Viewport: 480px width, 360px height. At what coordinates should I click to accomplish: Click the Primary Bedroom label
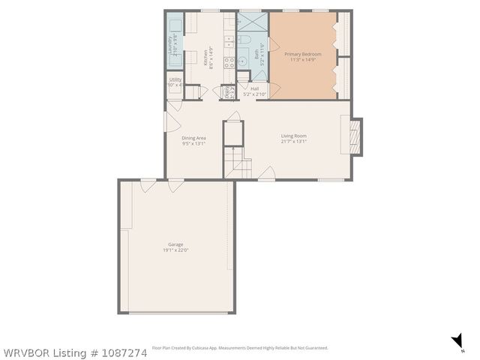click(x=301, y=54)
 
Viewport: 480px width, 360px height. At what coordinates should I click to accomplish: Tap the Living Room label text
click(x=294, y=136)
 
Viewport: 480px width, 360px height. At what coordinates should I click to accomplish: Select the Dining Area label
click(x=193, y=138)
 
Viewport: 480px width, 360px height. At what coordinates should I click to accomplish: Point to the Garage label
click(x=175, y=244)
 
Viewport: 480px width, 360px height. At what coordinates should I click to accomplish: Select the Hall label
click(x=255, y=88)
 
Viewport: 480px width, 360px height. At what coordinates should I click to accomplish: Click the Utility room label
click(x=175, y=79)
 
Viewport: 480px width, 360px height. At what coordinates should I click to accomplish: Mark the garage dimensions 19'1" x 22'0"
click(x=175, y=250)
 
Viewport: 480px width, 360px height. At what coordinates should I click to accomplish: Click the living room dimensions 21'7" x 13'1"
click(x=294, y=141)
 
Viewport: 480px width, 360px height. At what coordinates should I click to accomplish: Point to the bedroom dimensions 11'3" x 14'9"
click(x=301, y=59)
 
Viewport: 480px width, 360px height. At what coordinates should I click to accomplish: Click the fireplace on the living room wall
click(x=355, y=136)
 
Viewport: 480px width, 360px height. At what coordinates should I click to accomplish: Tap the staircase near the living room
click(x=238, y=163)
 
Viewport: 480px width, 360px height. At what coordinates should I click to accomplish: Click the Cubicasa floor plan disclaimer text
click(x=240, y=348)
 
